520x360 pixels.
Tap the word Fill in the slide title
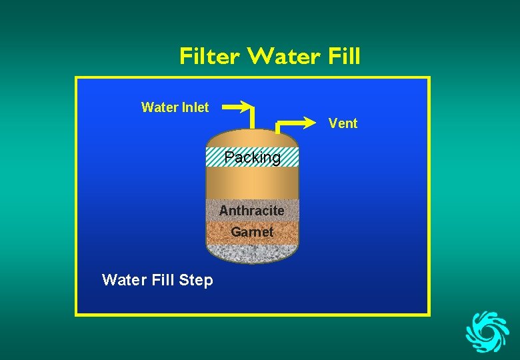coord(344,57)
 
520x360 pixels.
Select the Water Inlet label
coord(175,107)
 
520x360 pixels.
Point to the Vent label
coord(343,123)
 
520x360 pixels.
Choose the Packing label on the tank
coord(252,157)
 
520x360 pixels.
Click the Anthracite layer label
coord(251,211)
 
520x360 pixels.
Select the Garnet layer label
coord(252,232)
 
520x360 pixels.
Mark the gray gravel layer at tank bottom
coord(251,253)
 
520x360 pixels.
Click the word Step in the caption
coord(196,281)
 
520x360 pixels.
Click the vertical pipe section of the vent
coord(277,129)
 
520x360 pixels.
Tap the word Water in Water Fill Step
coord(123,281)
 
